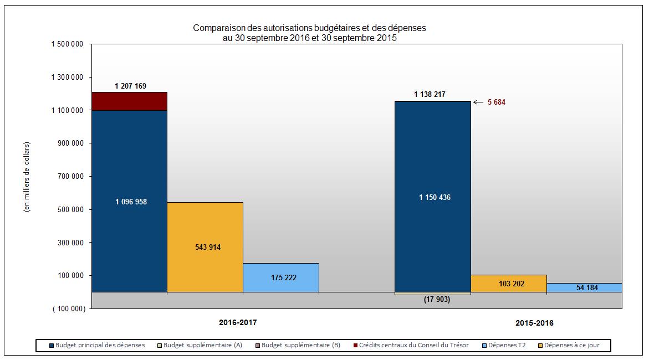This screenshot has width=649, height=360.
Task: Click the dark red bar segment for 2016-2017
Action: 129,101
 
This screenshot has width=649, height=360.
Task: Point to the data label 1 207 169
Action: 131,86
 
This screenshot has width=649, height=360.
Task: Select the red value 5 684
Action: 496,102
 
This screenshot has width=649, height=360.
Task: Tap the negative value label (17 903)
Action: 433,300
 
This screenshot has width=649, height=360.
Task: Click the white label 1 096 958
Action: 131,202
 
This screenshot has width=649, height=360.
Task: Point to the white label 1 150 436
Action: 435,198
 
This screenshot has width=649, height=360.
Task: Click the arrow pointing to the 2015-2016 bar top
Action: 478,102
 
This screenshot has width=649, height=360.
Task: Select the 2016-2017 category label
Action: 238,322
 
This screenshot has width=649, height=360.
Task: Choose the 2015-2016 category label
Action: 534,323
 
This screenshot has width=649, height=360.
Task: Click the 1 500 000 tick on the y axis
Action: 68,44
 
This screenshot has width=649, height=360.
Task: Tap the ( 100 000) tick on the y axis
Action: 69,309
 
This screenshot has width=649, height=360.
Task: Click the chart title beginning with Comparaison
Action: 309,33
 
